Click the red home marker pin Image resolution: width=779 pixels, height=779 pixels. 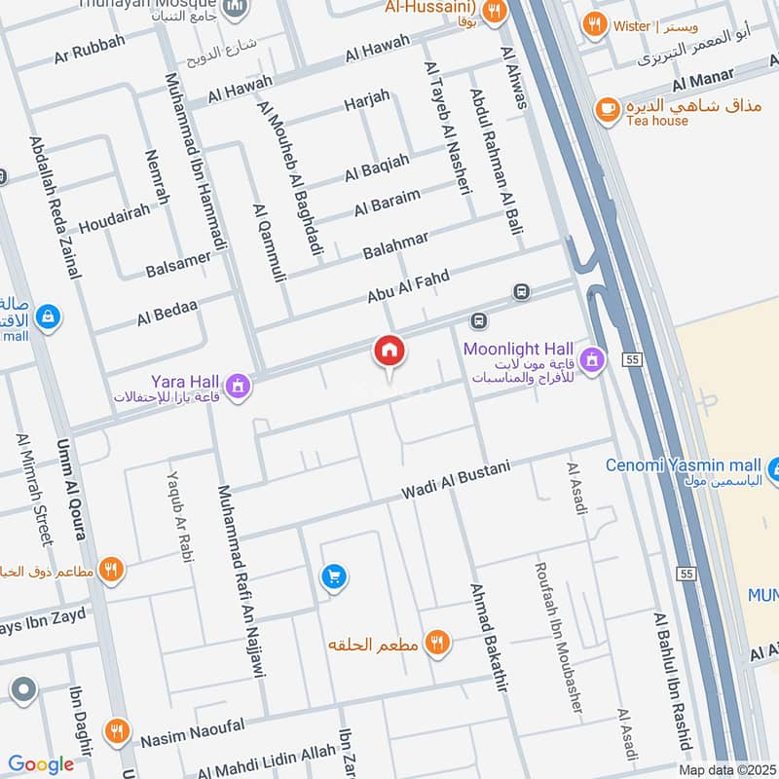[x=389, y=351]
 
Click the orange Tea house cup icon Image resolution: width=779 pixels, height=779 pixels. [x=609, y=107]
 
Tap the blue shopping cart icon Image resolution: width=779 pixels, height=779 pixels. [x=334, y=577]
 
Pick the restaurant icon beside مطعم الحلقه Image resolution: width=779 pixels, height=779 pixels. [x=437, y=643]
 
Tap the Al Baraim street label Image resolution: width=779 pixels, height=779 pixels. [x=388, y=202]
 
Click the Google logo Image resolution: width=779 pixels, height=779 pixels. [x=42, y=764]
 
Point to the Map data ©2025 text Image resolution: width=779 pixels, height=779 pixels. [x=726, y=770]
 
